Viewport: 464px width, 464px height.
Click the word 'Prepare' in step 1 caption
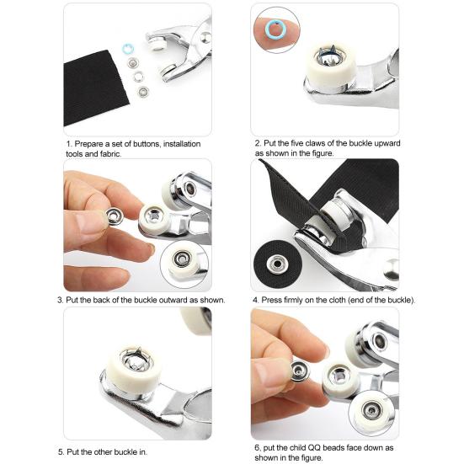[x=88, y=144]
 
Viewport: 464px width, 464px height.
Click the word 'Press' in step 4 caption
[x=271, y=300]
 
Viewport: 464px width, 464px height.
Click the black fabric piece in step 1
[x=94, y=88]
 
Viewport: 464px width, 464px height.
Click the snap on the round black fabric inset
[x=277, y=264]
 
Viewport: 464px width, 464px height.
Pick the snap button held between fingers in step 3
[x=115, y=216]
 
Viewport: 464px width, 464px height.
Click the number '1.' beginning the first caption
[x=69, y=144]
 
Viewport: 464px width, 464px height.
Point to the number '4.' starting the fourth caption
[x=256, y=300]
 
